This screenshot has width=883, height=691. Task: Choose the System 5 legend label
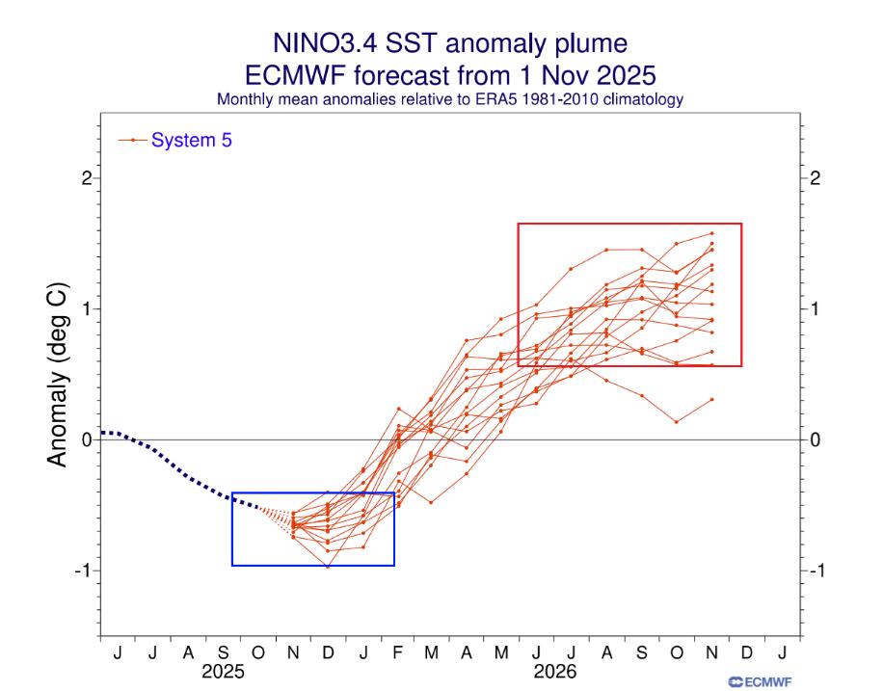[x=191, y=141]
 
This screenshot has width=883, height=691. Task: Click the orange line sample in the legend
[x=132, y=141]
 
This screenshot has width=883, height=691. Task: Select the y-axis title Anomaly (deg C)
[x=58, y=374]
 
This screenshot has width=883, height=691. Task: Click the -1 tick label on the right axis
[x=816, y=571]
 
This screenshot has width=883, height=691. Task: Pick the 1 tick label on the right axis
[x=816, y=309]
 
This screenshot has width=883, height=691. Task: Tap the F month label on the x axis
[x=397, y=653]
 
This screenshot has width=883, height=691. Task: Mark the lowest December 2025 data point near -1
[x=328, y=567]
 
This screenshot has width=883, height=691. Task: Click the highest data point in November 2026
[x=711, y=233]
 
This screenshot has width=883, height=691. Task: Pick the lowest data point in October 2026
[x=677, y=421]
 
